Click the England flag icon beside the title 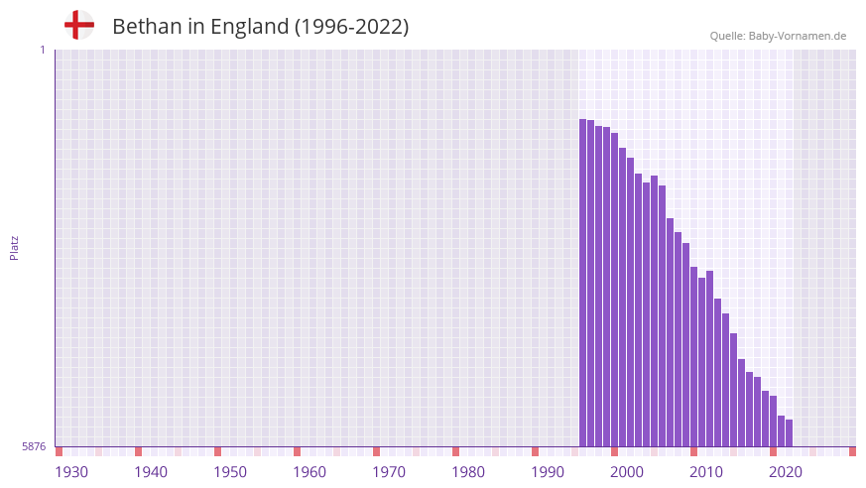(x=79, y=25)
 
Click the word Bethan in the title (x=146, y=27)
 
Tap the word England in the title (x=248, y=27)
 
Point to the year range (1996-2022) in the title (x=351, y=27)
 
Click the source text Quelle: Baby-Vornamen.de (x=778, y=36)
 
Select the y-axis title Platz (x=14, y=247)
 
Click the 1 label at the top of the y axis (x=42, y=50)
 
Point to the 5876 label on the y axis (x=34, y=447)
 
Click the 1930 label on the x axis (x=71, y=472)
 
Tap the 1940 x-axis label (x=151, y=472)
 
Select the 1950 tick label (x=230, y=472)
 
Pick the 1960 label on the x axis (x=309, y=472)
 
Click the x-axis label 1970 (x=389, y=472)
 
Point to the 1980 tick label (x=468, y=472)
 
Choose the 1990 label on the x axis (x=548, y=472)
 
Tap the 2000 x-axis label (x=627, y=472)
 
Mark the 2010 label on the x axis (x=706, y=472)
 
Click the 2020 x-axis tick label (x=786, y=472)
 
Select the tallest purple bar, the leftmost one (x=583, y=283)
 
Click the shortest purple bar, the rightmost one (x=790, y=433)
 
